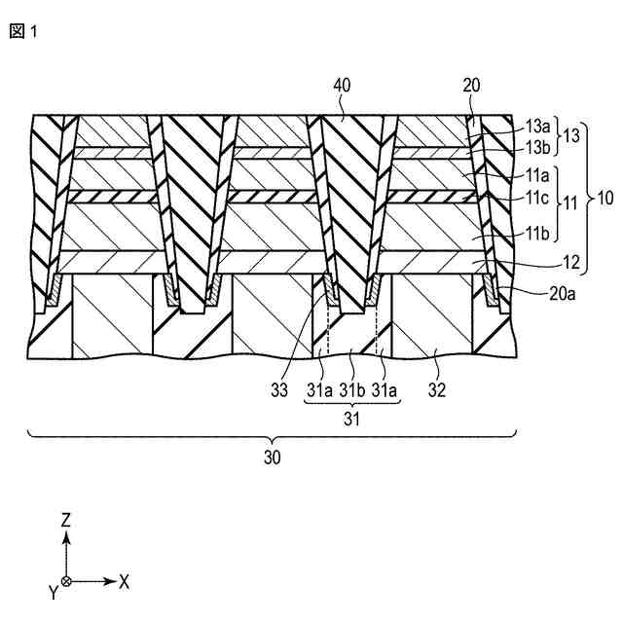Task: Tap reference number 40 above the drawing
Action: tap(342, 87)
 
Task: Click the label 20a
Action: tap(537, 291)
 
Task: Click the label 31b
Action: tap(352, 389)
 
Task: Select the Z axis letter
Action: tap(65, 520)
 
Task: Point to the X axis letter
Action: tap(125, 581)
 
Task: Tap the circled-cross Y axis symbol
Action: tap(65, 581)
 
